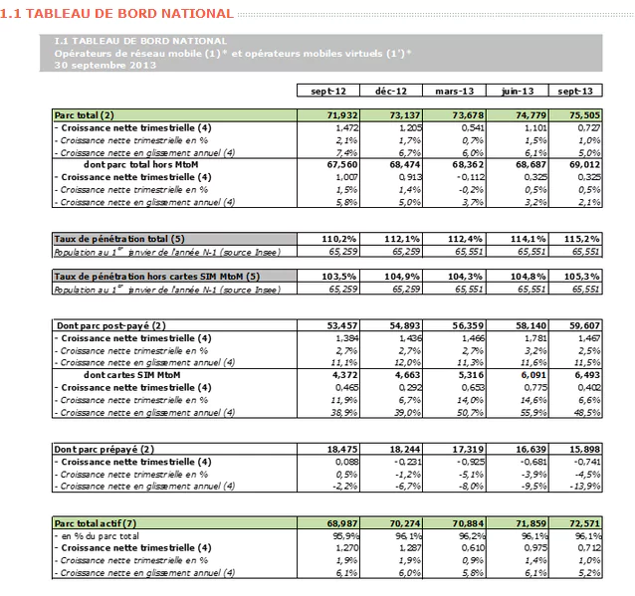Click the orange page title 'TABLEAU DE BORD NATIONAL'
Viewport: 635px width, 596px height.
[x=126, y=14]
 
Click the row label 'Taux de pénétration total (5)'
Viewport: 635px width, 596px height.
[x=119, y=239]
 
